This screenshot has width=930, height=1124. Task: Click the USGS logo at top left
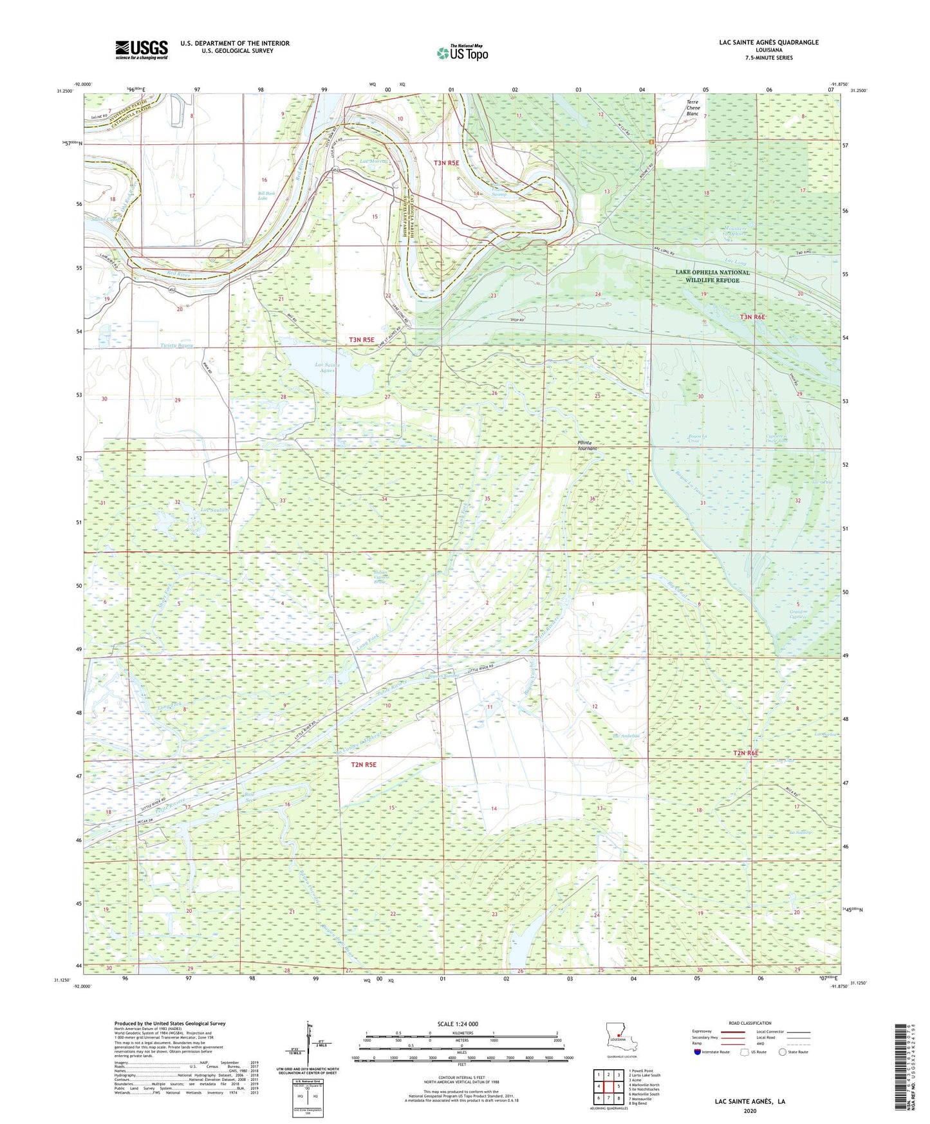point(142,50)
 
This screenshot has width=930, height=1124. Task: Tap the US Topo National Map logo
point(462,53)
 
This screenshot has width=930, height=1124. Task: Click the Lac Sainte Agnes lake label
point(328,368)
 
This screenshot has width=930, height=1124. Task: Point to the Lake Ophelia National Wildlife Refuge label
point(712,276)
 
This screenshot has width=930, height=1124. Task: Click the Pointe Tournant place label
point(586,445)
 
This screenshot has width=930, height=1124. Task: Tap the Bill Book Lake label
point(263,195)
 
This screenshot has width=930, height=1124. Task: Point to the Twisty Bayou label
point(177,346)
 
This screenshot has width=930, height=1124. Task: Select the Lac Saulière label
point(215,509)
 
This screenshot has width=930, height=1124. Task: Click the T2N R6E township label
point(746,753)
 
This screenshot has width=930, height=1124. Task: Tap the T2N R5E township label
point(364,764)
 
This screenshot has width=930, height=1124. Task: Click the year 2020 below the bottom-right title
point(750,1110)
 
